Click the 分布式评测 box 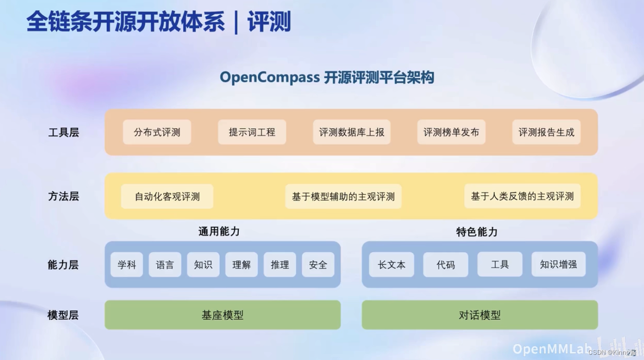(x=157, y=132)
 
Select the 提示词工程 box (x=252, y=132)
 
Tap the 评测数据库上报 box (x=352, y=132)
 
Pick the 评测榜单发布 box (x=451, y=132)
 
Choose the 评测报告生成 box (x=546, y=132)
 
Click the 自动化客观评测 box (x=167, y=196)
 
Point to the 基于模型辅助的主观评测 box (x=343, y=196)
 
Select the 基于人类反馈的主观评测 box (x=522, y=196)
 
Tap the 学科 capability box (x=127, y=265)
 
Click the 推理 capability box (x=280, y=265)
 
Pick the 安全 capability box (x=318, y=265)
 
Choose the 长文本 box (x=391, y=265)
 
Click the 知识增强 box (x=558, y=265)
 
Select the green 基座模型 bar (x=222, y=315)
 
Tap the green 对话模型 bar (x=479, y=315)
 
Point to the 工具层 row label (x=64, y=133)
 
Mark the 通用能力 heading (x=219, y=232)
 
